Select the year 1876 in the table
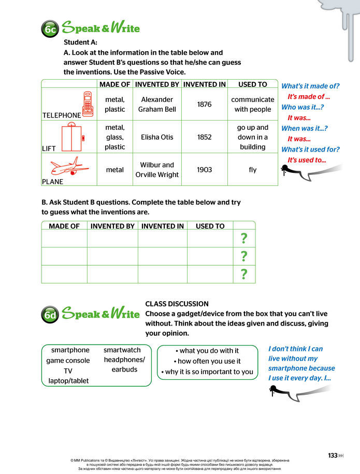coord(205,104)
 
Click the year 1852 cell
coord(205,137)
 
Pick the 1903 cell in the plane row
coord(205,170)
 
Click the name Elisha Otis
coord(157,137)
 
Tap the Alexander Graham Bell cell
coord(157,104)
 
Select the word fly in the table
coord(252,170)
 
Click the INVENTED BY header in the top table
coord(157,84)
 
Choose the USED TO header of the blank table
coord(210,226)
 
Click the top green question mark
coord(244,239)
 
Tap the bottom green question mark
coord(244,274)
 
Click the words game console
coord(68,361)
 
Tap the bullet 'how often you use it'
coord(207,361)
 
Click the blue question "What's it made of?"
coord(310,86)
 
